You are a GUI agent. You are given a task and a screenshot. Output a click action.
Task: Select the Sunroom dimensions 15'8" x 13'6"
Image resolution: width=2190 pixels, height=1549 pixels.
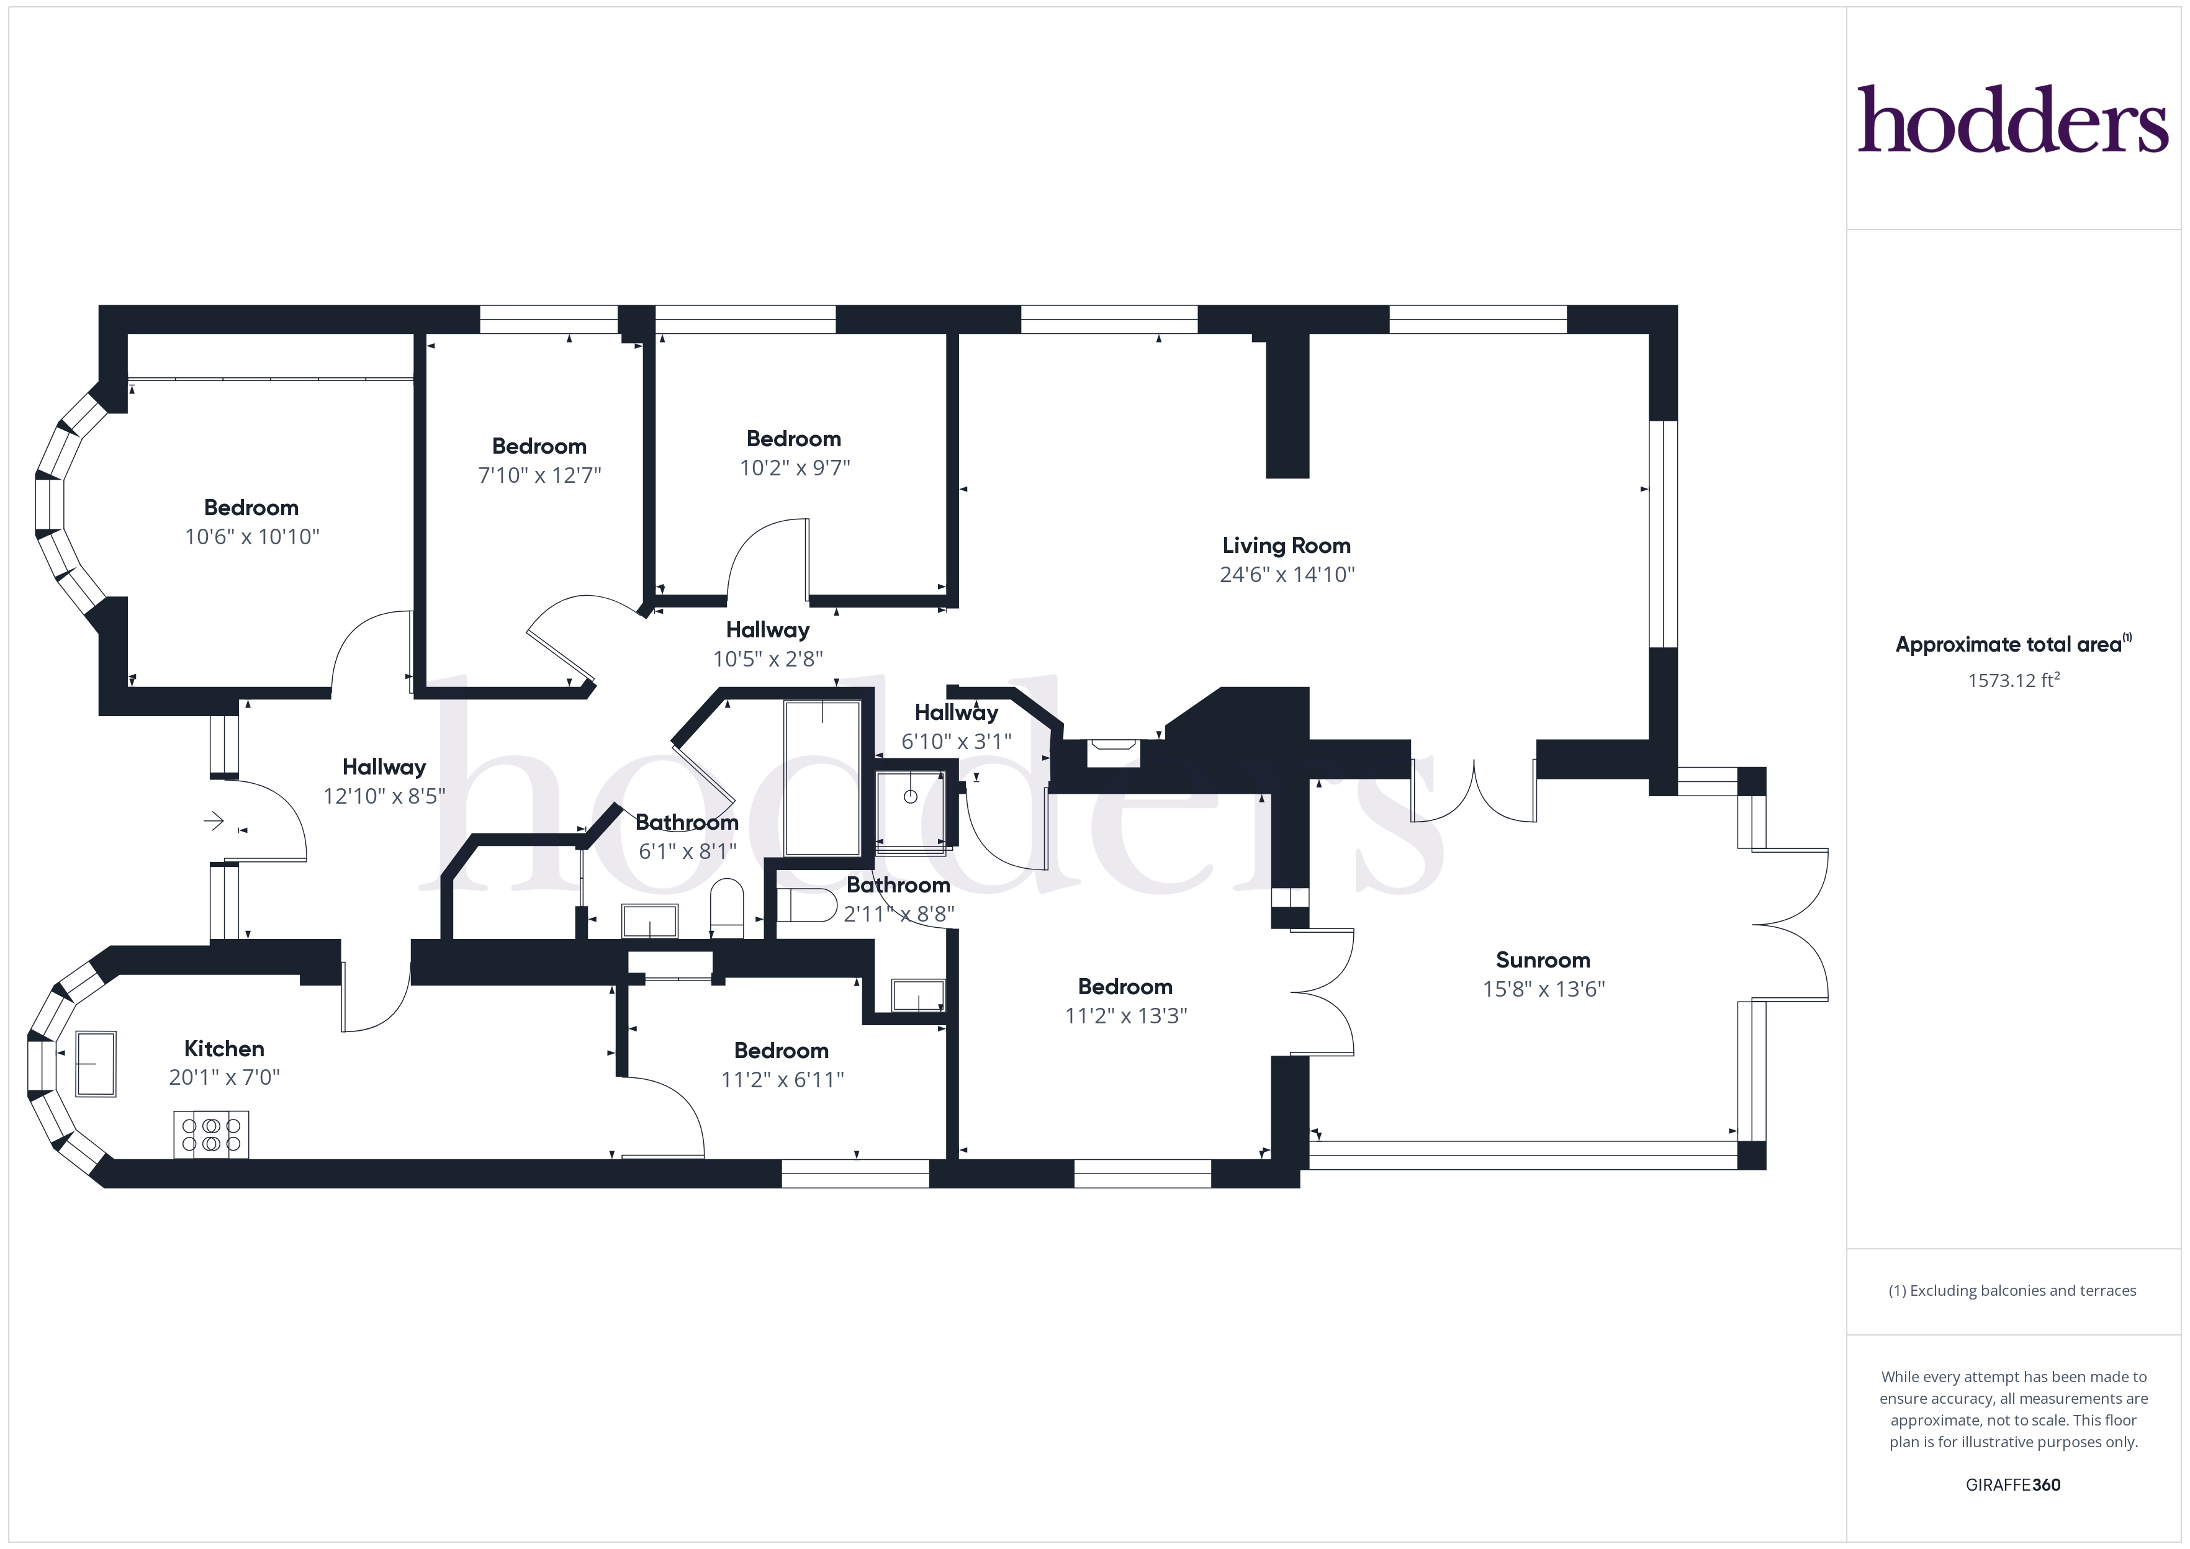(1543, 989)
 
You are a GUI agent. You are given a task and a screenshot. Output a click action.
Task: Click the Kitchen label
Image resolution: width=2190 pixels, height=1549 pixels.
(224, 1048)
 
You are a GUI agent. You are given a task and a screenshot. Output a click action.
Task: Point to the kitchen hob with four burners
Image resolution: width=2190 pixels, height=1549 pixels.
(211, 1134)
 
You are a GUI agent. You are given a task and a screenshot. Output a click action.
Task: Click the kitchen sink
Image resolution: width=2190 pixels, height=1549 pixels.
(96, 1064)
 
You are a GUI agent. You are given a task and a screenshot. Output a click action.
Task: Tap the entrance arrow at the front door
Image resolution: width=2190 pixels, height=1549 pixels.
(214, 820)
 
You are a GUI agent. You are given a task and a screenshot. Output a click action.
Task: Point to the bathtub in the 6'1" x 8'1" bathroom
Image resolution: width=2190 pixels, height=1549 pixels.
(822, 778)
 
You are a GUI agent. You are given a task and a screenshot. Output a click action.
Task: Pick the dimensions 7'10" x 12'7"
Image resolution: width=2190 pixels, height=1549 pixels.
(540, 475)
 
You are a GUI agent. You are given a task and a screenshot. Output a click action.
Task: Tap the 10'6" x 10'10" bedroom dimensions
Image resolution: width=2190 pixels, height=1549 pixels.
(252, 537)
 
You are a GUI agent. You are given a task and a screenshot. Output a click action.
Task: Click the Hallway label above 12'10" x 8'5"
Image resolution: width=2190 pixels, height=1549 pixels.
(384, 767)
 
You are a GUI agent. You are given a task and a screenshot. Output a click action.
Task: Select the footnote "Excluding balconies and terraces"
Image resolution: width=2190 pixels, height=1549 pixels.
(2012, 1290)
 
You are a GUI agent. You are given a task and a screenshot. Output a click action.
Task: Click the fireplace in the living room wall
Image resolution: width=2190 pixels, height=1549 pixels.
(1113, 753)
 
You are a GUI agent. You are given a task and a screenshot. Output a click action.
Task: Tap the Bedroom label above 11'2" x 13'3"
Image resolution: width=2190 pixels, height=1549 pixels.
(1125, 986)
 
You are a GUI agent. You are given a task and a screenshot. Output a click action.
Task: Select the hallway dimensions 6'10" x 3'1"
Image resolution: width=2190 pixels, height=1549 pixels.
(957, 741)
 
